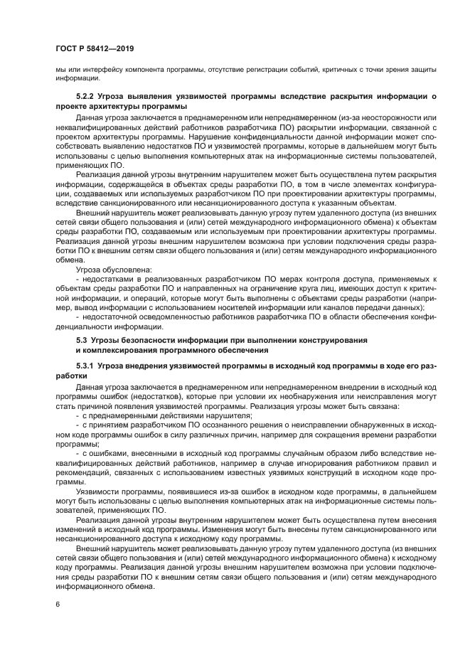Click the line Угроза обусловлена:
point(104,270)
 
